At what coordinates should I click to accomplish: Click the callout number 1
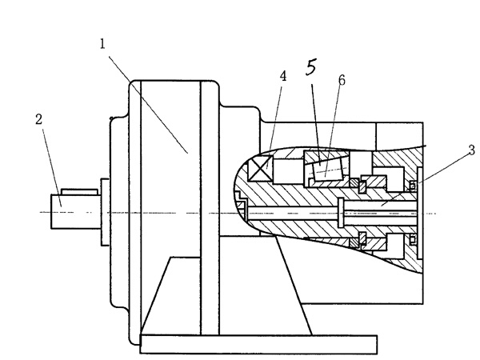click(103, 42)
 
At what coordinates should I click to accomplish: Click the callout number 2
click(38, 119)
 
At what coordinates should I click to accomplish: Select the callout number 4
click(282, 76)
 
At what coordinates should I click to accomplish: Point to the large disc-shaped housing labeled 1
click(172, 208)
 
